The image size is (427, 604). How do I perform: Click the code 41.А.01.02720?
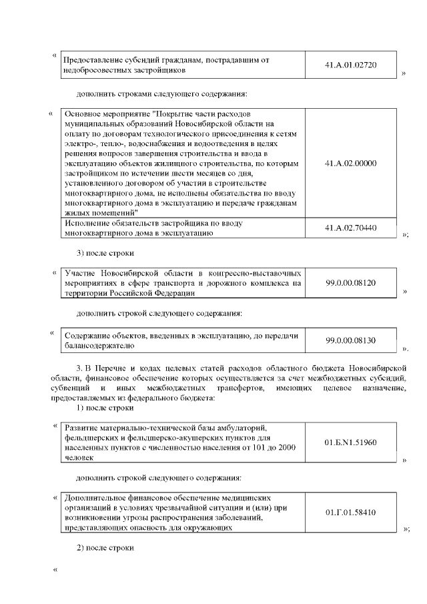(x=350, y=65)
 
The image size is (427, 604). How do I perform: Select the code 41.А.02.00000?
(x=350, y=163)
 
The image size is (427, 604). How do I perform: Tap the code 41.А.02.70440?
(x=350, y=228)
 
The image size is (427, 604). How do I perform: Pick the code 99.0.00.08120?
(x=350, y=283)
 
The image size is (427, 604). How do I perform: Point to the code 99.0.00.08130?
(x=350, y=340)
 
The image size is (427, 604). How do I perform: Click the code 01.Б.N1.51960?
(x=350, y=442)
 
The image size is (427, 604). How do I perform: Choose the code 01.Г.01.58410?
(x=350, y=512)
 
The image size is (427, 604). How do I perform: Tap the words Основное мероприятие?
(x=106, y=114)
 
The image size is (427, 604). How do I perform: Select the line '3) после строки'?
(x=106, y=253)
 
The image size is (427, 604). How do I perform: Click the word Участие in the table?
(x=81, y=274)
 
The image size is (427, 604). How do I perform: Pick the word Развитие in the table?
(x=82, y=428)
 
